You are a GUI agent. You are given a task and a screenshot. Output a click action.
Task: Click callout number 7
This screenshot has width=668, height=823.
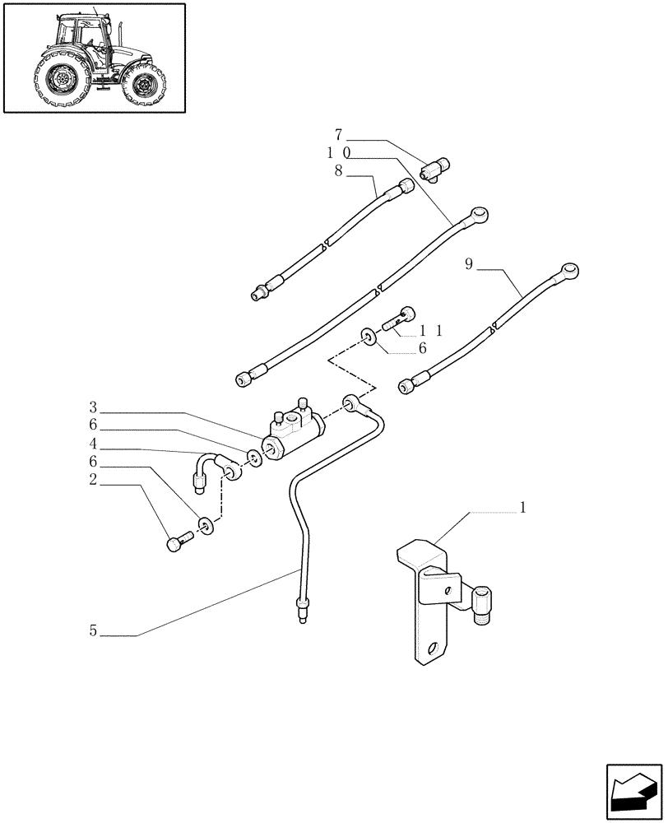coord(338,133)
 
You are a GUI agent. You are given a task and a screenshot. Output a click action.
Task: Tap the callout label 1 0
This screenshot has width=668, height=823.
coord(338,153)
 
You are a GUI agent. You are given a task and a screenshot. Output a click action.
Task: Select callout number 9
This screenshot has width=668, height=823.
coord(468,264)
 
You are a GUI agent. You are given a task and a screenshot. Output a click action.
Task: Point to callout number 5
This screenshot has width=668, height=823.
coord(94,631)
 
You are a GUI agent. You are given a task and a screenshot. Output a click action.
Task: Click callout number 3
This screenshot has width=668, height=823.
coord(94,407)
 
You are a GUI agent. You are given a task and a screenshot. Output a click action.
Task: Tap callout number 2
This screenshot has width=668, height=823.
coord(94,480)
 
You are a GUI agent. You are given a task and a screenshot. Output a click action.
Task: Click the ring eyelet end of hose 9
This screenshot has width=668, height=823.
coord(568,269)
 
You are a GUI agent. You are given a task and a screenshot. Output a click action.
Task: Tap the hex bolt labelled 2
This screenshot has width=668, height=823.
coord(179,542)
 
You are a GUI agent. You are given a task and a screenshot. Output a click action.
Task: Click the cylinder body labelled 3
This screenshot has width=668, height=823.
coord(291,433)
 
